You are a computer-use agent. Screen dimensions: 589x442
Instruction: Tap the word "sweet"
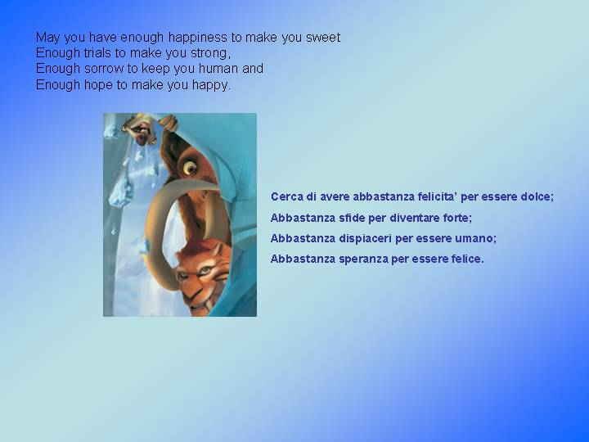(323, 38)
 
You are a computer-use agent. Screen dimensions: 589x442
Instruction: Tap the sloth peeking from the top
(146, 129)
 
